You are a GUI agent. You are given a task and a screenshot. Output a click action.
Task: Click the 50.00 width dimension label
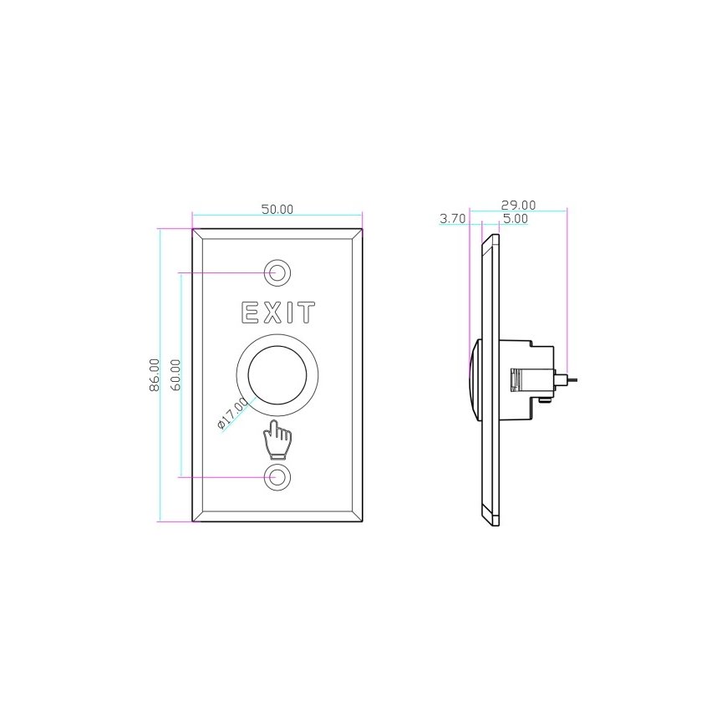pyautogui.click(x=277, y=209)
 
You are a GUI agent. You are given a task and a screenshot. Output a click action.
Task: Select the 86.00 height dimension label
pyautogui.click(x=155, y=374)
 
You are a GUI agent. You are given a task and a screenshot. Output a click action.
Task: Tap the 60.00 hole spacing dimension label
pyautogui.click(x=176, y=374)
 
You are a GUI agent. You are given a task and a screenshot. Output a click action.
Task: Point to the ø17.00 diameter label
pyautogui.click(x=233, y=413)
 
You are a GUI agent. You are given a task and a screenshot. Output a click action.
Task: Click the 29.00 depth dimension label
pyautogui.click(x=518, y=205)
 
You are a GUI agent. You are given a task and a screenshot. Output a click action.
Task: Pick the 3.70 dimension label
pyautogui.click(x=452, y=218)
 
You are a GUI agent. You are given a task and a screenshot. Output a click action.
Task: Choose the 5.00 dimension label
pyautogui.click(x=516, y=218)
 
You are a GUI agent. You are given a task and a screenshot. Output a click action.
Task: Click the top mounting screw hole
pyautogui.click(x=277, y=272)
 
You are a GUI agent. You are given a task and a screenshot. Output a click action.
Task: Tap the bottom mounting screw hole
pyautogui.click(x=277, y=476)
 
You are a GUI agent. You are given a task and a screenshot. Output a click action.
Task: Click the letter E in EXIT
pyautogui.click(x=250, y=313)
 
